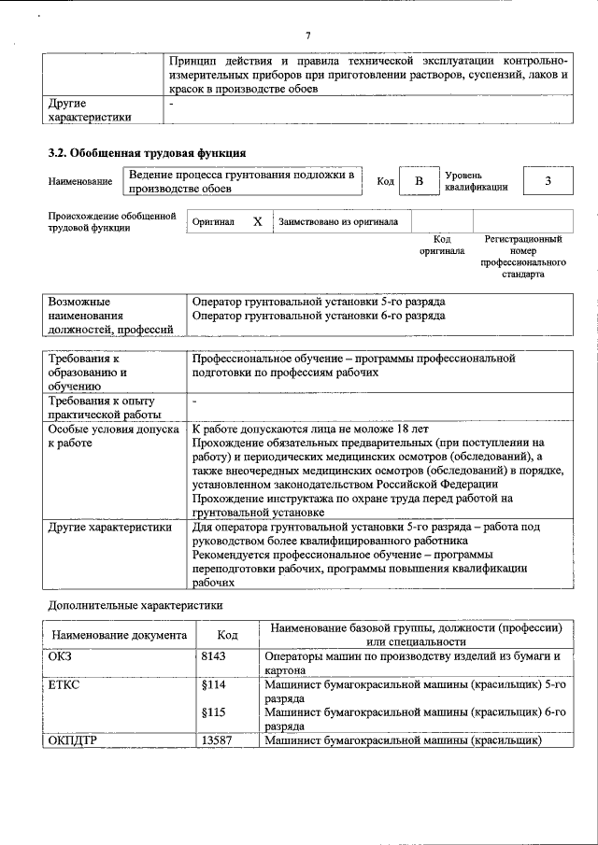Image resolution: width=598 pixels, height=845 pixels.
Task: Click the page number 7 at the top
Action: coord(307,35)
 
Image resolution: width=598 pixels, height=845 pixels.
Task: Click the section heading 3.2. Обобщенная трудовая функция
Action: coord(147,152)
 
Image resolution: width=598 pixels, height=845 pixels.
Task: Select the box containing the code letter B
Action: coord(420,180)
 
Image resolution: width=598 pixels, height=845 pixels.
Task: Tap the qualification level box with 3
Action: coord(548,180)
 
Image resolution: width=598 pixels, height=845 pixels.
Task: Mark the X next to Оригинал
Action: coord(257,222)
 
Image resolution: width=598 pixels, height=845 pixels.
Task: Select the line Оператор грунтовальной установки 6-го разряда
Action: coord(318,316)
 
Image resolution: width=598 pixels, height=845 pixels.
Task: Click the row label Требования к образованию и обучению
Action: coord(89,371)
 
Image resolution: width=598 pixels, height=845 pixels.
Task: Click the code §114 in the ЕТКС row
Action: coord(214,684)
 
